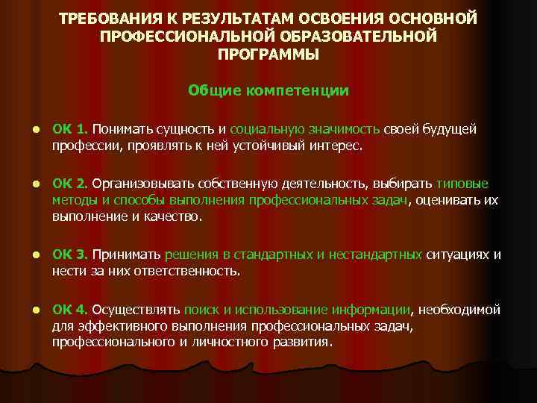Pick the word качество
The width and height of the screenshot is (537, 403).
172,216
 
